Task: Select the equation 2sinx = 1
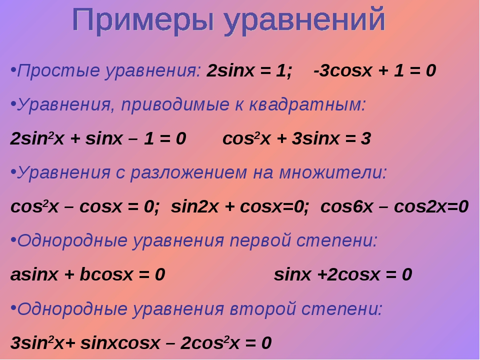(249, 70)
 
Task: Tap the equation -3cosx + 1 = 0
(374, 70)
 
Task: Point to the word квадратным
(307, 105)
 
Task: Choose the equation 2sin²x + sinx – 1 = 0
(98, 138)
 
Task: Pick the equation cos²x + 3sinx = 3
(296, 138)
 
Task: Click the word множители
(333, 172)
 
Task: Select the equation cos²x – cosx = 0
(85, 206)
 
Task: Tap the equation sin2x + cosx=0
(239, 206)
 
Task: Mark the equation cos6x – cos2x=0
(394, 206)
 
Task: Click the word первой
(260, 241)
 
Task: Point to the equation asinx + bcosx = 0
(87, 274)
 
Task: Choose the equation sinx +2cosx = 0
(343, 274)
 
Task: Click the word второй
(262, 309)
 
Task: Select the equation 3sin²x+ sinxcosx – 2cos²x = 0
(141, 342)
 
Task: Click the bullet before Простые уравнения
(13, 70)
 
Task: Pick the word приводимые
(175, 105)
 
